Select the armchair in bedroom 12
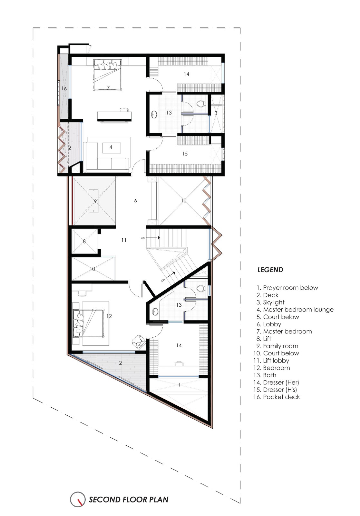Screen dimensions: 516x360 point(138,341)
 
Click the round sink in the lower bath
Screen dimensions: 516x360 point(155,311)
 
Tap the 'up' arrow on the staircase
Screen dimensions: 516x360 point(155,238)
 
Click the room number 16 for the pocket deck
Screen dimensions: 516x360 point(64,88)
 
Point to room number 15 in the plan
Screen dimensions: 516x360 point(185,154)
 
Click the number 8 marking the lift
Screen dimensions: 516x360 point(84,241)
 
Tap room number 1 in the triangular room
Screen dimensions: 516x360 point(180,384)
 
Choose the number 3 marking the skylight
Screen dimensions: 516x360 point(216,113)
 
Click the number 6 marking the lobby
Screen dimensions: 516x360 point(135,201)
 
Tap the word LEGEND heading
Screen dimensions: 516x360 point(270,270)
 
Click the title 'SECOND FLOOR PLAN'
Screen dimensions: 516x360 point(129,500)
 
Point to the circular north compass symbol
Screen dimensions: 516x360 point(78,499)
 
